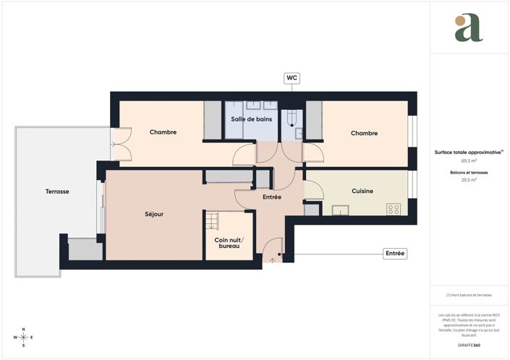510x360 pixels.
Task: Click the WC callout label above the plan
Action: pyautogui.click(x=292, y=77)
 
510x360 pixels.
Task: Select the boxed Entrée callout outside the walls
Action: pyautogui.click(x=395, y=254)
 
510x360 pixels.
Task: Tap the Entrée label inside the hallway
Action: pyautogui.click(x=271, y=197)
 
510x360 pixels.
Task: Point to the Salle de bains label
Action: pyautogui.click(x=251, y=119)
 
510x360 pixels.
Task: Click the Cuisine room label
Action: pyautogui.click(x=362, y=191)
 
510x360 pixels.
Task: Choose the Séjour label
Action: pyautogui.click(x=153, y=214)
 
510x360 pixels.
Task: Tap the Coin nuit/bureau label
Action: pyautogui.click(x=229, y=243)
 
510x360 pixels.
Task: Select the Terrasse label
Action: pyautogui.click(x=57, y=192)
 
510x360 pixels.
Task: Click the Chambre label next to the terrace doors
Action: pyautogui.click(x=163, y=132)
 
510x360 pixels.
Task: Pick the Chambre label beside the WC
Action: pyautogui.click(x=364, y=133)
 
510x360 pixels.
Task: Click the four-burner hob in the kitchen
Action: pyautogui.click(x=394, y=209)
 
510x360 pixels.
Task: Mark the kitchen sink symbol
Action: pyautogui.click(x=339, y=210)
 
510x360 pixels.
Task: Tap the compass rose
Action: pyautogui.click(x=23, y=337)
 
